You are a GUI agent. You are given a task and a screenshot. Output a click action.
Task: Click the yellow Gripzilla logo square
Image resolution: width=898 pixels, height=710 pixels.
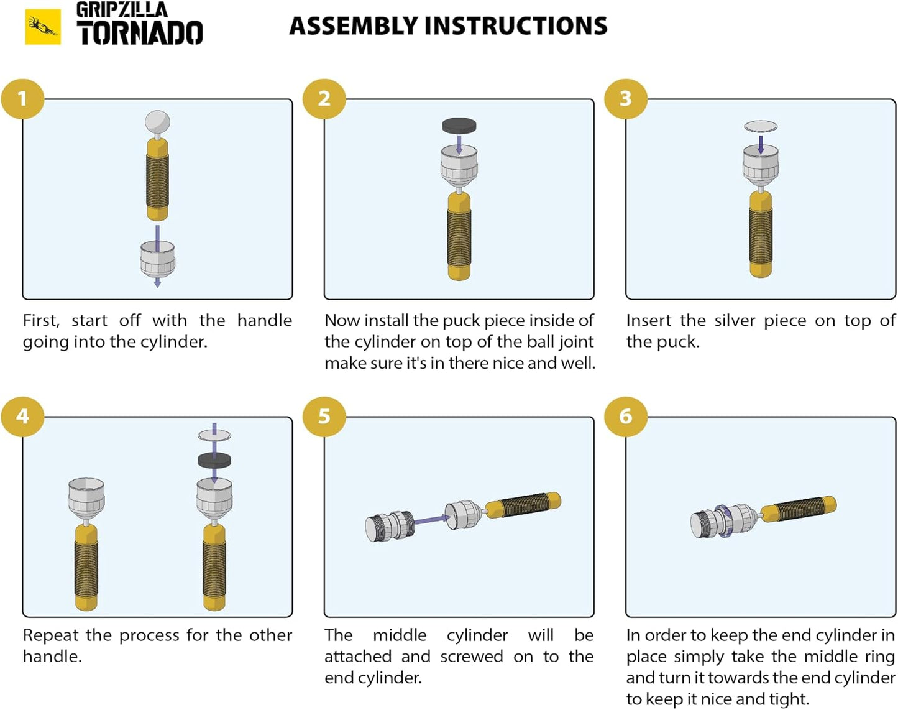pos(43,27)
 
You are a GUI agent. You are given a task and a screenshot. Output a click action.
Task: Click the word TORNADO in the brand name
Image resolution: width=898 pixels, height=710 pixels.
pos(140,34)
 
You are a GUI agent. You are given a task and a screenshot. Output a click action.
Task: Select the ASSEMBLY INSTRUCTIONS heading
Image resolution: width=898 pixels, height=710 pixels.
pos(448,26)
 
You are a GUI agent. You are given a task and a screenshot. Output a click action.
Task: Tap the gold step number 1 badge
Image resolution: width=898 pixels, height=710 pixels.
pos(22,98)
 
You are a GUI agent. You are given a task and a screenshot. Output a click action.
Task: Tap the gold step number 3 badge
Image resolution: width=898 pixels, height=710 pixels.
pos(625,98)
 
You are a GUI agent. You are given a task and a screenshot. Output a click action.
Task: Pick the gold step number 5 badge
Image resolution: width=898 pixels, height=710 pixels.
pos(324,416)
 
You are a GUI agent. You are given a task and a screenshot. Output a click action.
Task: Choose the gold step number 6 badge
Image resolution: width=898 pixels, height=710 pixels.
pos(625,416)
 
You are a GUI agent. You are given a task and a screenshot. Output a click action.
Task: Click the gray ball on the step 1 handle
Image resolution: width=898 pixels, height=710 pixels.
pos(157,122)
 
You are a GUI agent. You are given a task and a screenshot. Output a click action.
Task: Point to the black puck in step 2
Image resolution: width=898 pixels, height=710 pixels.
pos(459,126)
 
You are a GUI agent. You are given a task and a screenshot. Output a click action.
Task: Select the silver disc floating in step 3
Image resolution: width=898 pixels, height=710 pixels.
pos(761,127)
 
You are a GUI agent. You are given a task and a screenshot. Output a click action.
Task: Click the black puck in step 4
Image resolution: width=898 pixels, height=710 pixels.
pos(214,461)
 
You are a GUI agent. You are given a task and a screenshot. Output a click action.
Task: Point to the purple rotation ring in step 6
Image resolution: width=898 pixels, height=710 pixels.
pos(723,520)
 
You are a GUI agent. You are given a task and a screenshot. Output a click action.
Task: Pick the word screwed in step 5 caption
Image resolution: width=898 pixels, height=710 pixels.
pos(471,657)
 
